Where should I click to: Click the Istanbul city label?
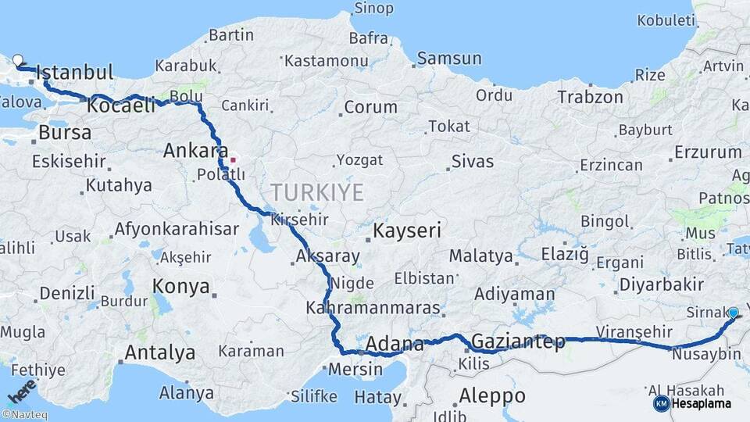75,73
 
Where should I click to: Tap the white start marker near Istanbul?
18,59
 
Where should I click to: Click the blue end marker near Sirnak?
733,313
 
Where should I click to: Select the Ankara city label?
195,151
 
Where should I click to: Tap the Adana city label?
395,344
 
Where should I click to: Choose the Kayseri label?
407,231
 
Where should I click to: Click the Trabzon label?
591,97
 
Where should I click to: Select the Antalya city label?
159,352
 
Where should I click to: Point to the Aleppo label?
492,394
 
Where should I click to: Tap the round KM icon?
661,403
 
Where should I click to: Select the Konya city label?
181,286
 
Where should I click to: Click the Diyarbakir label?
655,283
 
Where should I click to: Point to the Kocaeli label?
122,105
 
